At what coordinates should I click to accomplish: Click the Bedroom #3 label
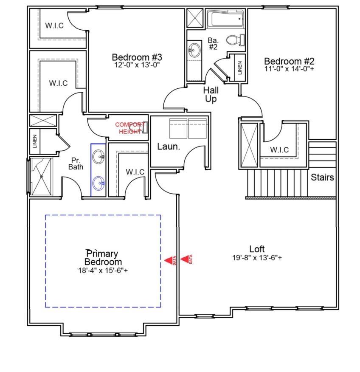click(x=137, y=57)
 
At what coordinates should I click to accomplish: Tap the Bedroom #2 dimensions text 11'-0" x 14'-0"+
click(x=289, y=69)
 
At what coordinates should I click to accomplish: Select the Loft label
click(x=257, y=249)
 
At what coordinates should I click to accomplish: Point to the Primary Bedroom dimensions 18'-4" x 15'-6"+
click(x=103, y=271)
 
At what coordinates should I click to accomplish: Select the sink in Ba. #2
click(x=194, y=50)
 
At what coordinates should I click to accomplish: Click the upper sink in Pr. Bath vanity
click(x=98, y=156)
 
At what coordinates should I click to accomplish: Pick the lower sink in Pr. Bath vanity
click(x=98, y=183)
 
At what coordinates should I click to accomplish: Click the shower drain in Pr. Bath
click(x=41, y=177)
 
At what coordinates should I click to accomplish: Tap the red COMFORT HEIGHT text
click(x=129, y=128)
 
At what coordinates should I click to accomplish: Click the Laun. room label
click(x=169, y=147)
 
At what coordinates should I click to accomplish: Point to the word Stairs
click(x=322, y=177)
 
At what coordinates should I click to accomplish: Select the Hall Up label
click(x=211, y=94)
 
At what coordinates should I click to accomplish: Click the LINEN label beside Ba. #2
click(x=240, y=68)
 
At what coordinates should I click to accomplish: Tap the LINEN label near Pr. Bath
click(x=35, y=141)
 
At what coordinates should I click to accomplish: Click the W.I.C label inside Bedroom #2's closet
click(x=279, y=150)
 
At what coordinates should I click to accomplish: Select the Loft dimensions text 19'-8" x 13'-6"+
click(x=257, y=258)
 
